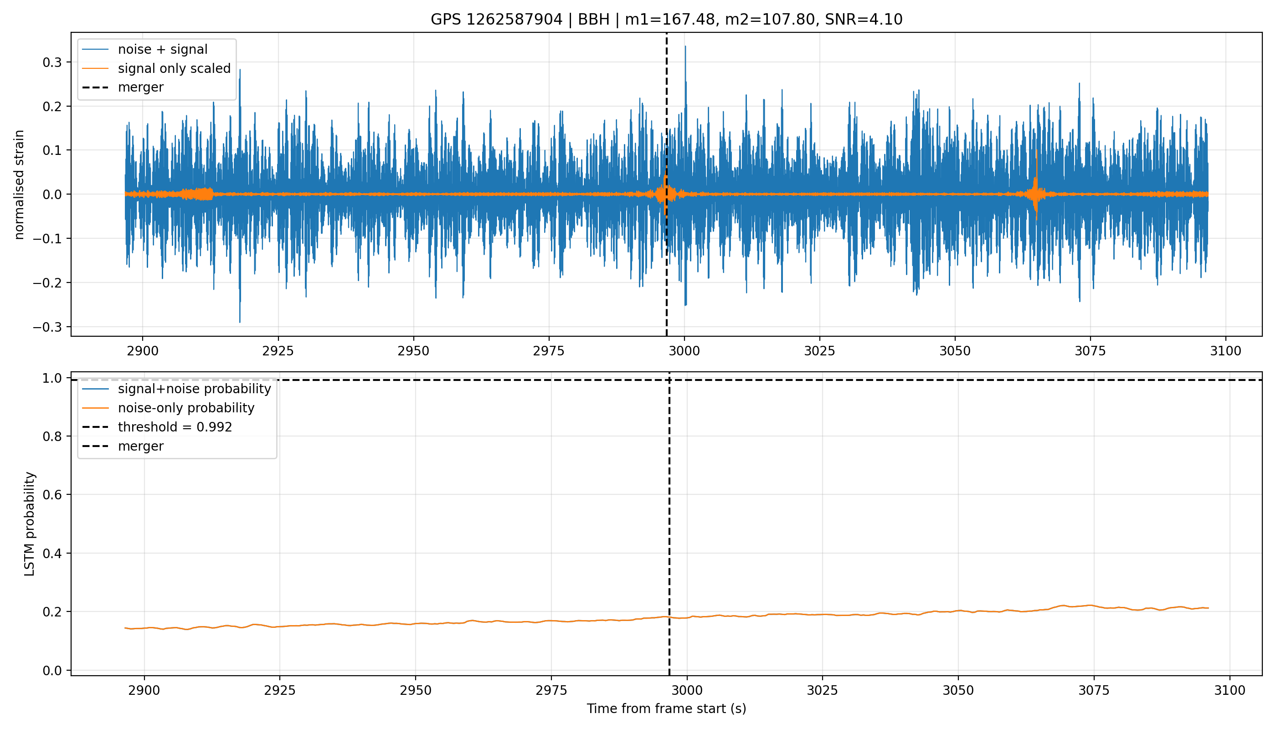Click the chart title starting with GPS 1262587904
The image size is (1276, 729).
pyautogui.click(x=666, y=20)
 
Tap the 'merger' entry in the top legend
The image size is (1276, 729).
pyautogui.click(x=123, y=87)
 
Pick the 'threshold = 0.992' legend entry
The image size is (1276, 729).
pyautogui.click(x=157, y=427)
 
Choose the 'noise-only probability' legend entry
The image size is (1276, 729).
pyautogui.click(x=169, y=408)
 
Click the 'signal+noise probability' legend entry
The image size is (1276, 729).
pyautogui.click(x=177, y=389)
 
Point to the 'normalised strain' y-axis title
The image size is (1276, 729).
pyautogui.click(x=19, y=185)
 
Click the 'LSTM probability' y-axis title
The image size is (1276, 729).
pyautogui.click(x=30, y=524)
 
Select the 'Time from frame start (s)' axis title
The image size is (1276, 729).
pyautogui.click(x=667, y=708)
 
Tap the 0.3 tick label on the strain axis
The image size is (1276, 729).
pyautogui.click(x=52, y=62)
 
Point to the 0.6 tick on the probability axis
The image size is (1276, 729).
pyautogui.click(x=52, y=495)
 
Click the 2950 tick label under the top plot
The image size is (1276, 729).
pyautogui.click(x=414, y=351)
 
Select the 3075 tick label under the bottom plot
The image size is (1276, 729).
pyautogui.click(x=1094, y=690)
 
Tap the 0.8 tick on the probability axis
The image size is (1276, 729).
pyautogui.click(x=52, y=436)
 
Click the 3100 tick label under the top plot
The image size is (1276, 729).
pyautogui.click(x=1225, y=351)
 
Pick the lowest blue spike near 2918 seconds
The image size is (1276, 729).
pyautogui.click(x=240, y=320)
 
